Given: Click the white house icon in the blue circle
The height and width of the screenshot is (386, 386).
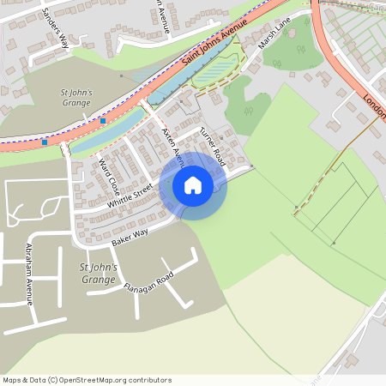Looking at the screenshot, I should click(x=193, y=185).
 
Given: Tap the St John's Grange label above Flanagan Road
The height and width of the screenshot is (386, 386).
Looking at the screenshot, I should click(x=97, y=274).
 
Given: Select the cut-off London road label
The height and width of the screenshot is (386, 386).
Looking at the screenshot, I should click(x=374, y=106).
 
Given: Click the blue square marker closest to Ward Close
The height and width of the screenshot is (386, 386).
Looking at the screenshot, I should click(x=103, y=121).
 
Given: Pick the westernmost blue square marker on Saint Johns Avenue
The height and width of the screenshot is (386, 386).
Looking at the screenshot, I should click(x=45, y=142).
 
